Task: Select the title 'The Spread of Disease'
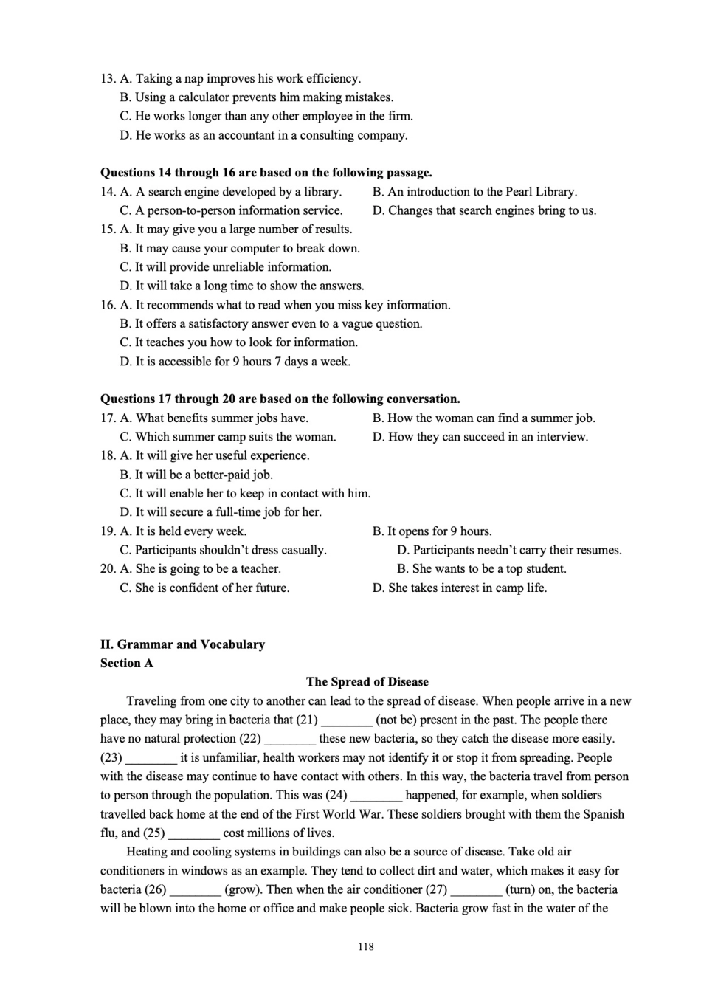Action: [x=367, y=682]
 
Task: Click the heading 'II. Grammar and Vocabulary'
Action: [x=182, y=644]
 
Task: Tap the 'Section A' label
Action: [x=127, y=663]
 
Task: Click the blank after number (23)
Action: [x=151, y=758]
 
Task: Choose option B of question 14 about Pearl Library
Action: [x=474, y=192]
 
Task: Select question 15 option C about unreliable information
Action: [x=225, y=267]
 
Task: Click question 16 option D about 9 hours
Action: [x=235, y=362]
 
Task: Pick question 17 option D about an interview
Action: [x=480, y=437]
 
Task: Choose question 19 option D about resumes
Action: [x=509, y=550]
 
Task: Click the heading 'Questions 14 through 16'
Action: [x=266, y=173]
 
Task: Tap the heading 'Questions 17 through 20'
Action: [x=280, y=399]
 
